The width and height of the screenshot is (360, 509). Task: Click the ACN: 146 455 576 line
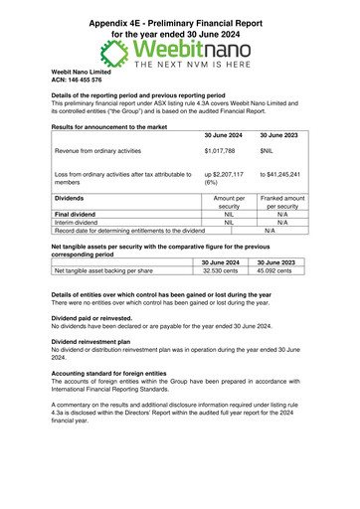click(77, 80)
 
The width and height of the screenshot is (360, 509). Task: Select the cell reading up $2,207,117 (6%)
click(232, 179)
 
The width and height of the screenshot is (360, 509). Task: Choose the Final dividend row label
click(83, 214)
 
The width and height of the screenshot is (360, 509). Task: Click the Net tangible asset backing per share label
click(103, 269)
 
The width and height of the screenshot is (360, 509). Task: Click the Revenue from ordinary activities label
click(103, 151)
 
